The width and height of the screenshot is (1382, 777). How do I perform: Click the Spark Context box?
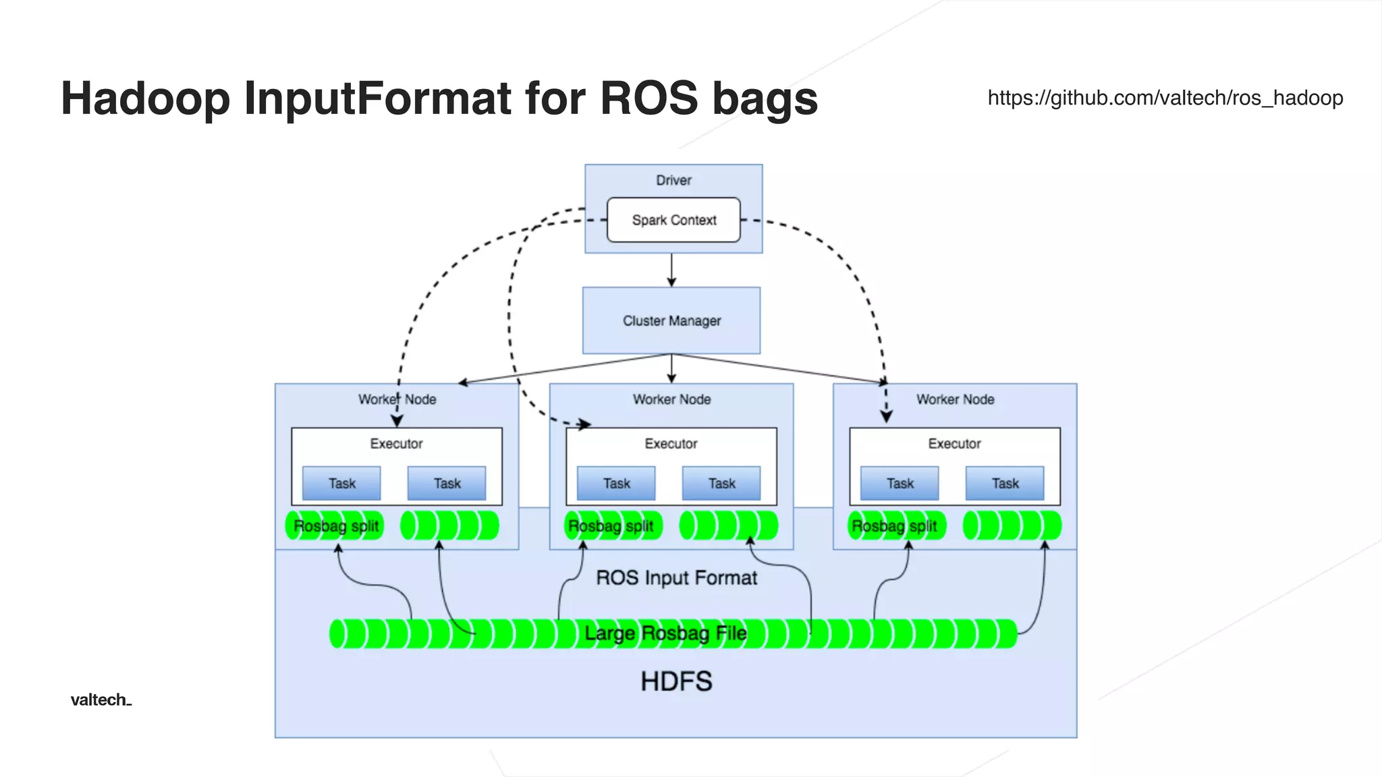673,220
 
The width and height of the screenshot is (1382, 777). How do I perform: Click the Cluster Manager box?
671,320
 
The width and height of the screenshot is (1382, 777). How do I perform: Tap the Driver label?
673,180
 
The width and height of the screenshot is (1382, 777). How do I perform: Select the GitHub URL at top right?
1165,98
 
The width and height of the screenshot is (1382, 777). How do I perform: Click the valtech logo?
101,699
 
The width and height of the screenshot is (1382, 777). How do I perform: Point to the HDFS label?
676,681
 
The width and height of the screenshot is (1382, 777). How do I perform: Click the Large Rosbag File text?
665,633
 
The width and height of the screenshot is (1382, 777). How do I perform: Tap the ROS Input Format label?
676,578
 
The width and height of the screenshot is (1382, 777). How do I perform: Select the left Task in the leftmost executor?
341,484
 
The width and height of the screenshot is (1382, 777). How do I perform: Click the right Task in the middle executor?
721,484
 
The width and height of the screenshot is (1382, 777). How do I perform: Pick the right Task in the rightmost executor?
1005,484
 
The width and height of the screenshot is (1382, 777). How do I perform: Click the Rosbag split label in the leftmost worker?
335,526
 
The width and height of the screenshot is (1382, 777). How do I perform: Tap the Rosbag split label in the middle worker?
611,526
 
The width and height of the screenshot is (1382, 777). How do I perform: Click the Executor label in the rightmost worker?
954,444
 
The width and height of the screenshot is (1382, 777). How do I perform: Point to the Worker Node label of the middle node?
671,399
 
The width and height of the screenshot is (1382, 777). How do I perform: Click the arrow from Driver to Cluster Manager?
671,270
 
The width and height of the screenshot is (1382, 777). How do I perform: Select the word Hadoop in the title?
145,99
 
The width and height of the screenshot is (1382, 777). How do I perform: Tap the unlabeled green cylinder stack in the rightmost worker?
1012,526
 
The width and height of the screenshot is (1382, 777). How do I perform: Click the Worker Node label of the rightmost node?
955,399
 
